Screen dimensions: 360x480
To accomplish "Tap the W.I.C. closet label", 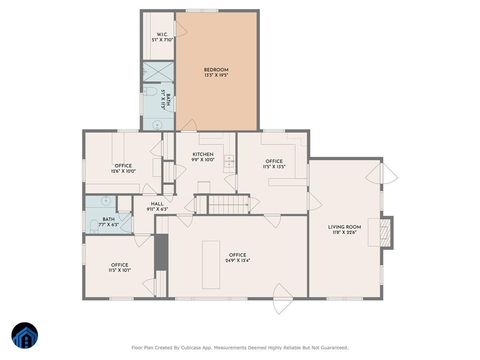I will [x=163, y=38].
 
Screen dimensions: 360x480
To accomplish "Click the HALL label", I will [x=157, y=206].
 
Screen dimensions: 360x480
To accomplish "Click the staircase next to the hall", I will [x=227, y=205].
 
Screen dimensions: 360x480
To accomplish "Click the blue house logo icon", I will [x=25, y=335].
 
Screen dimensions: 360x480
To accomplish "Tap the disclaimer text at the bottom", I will [x=240, y=348].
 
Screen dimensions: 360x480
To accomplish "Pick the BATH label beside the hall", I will [x=108, y=221].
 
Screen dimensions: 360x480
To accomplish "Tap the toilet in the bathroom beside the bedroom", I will [x=157, y=121].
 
